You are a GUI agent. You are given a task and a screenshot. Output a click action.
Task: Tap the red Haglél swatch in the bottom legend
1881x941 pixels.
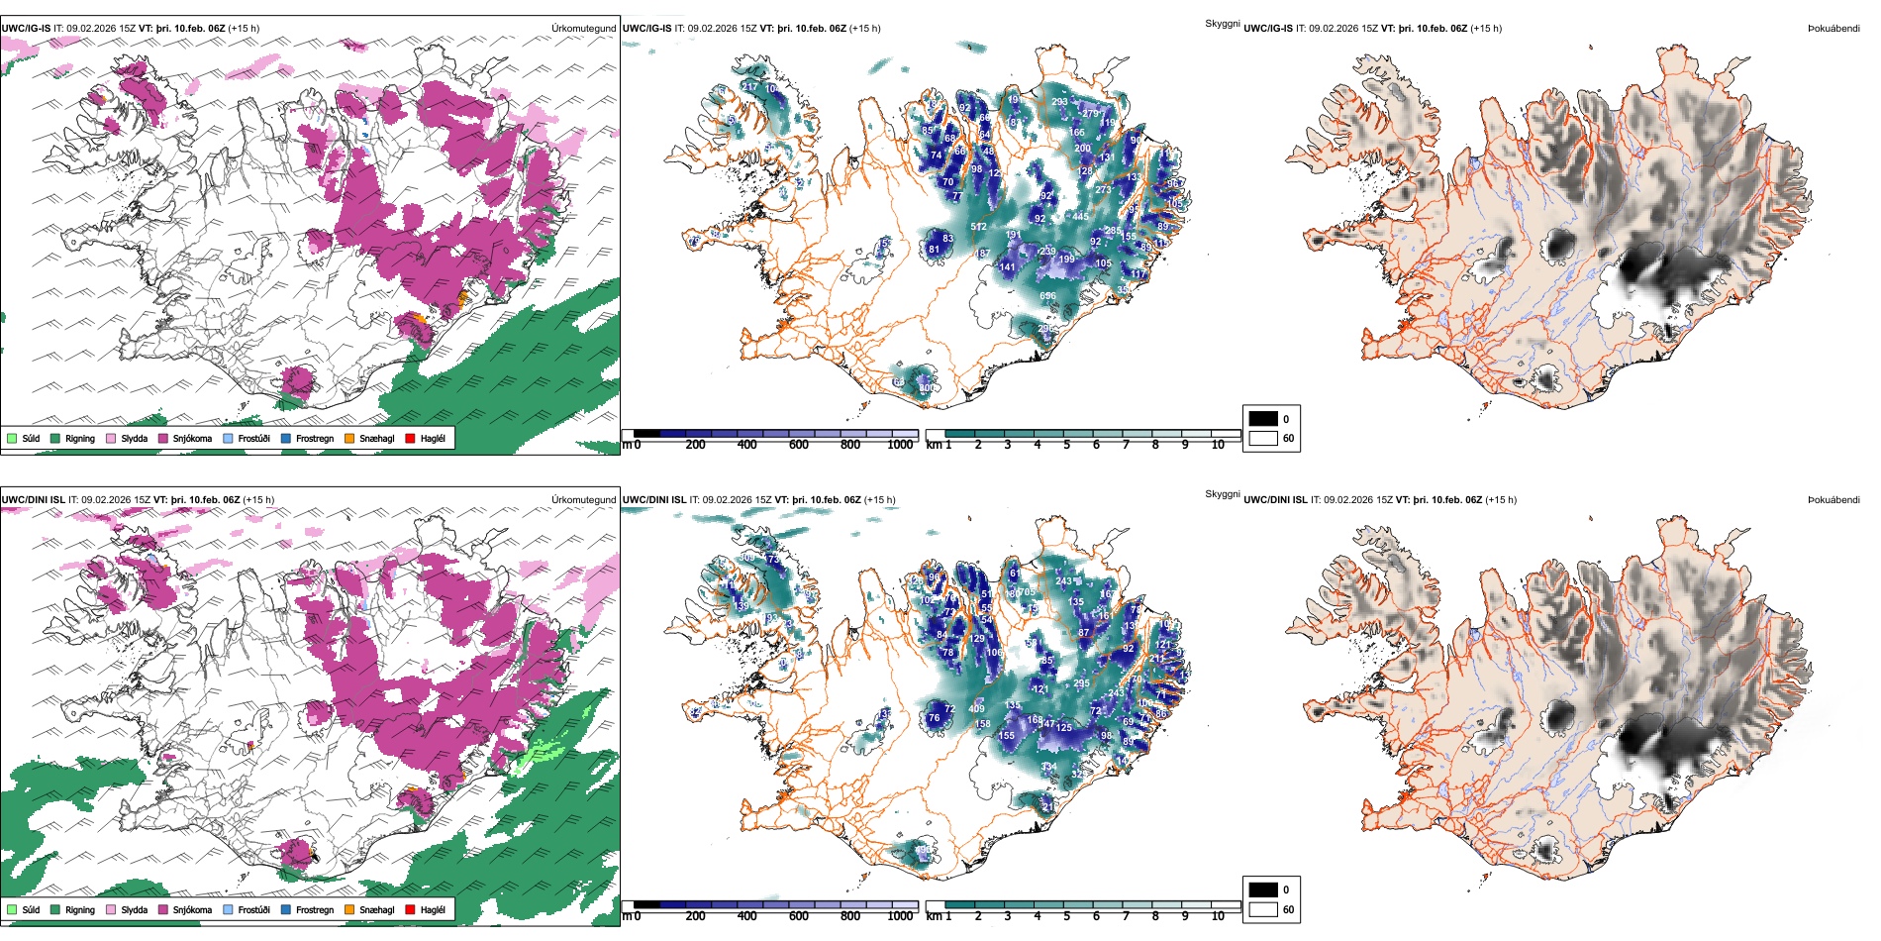(x=411, y=909)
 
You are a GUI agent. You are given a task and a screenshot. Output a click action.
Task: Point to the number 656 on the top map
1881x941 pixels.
(x=1047, y=296)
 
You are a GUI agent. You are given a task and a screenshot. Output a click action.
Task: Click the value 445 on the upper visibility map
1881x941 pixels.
(x=1080, y=217)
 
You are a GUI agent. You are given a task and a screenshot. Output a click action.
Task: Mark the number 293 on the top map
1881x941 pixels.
(x=1059, y=102)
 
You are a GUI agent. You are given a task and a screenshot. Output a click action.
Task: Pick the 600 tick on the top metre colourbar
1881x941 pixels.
(x=799, y=445)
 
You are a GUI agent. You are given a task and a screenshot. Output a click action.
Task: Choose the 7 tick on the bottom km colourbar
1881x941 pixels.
(x=1126, y=916)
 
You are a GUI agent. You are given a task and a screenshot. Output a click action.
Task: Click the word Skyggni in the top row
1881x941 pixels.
(x=1222, y=23)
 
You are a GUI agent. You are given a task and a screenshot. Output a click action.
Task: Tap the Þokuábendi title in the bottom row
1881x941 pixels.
(x=1833, y=500)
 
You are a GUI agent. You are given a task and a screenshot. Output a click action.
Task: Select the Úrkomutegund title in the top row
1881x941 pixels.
(x=583, y=29)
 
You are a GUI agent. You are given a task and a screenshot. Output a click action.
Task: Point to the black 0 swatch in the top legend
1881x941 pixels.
(x=1263, y=419)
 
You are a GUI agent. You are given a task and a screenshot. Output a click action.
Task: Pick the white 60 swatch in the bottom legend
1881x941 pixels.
(x=1263, y=909)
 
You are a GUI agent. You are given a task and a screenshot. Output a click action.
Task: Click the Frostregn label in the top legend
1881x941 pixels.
(x=314, y=438)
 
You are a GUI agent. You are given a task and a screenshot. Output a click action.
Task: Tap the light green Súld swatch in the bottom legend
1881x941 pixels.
(x=12, y=909)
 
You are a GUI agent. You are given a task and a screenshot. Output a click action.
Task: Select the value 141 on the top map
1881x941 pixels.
(x=1007, y=266)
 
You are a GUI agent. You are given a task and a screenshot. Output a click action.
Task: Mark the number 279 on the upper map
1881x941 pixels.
(x=1090, y=114)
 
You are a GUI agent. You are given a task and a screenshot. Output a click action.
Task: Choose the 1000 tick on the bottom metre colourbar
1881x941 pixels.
(x=900, y=916)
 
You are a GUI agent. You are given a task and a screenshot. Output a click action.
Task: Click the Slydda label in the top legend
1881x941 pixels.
(x=134, y=438)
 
